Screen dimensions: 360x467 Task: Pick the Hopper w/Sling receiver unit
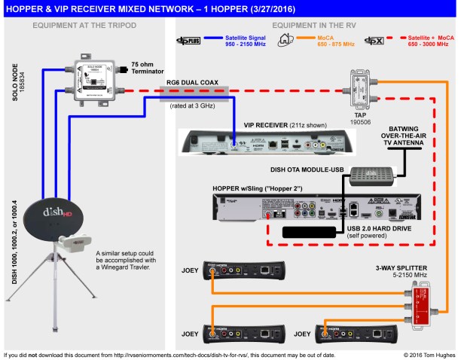(312, 204)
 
